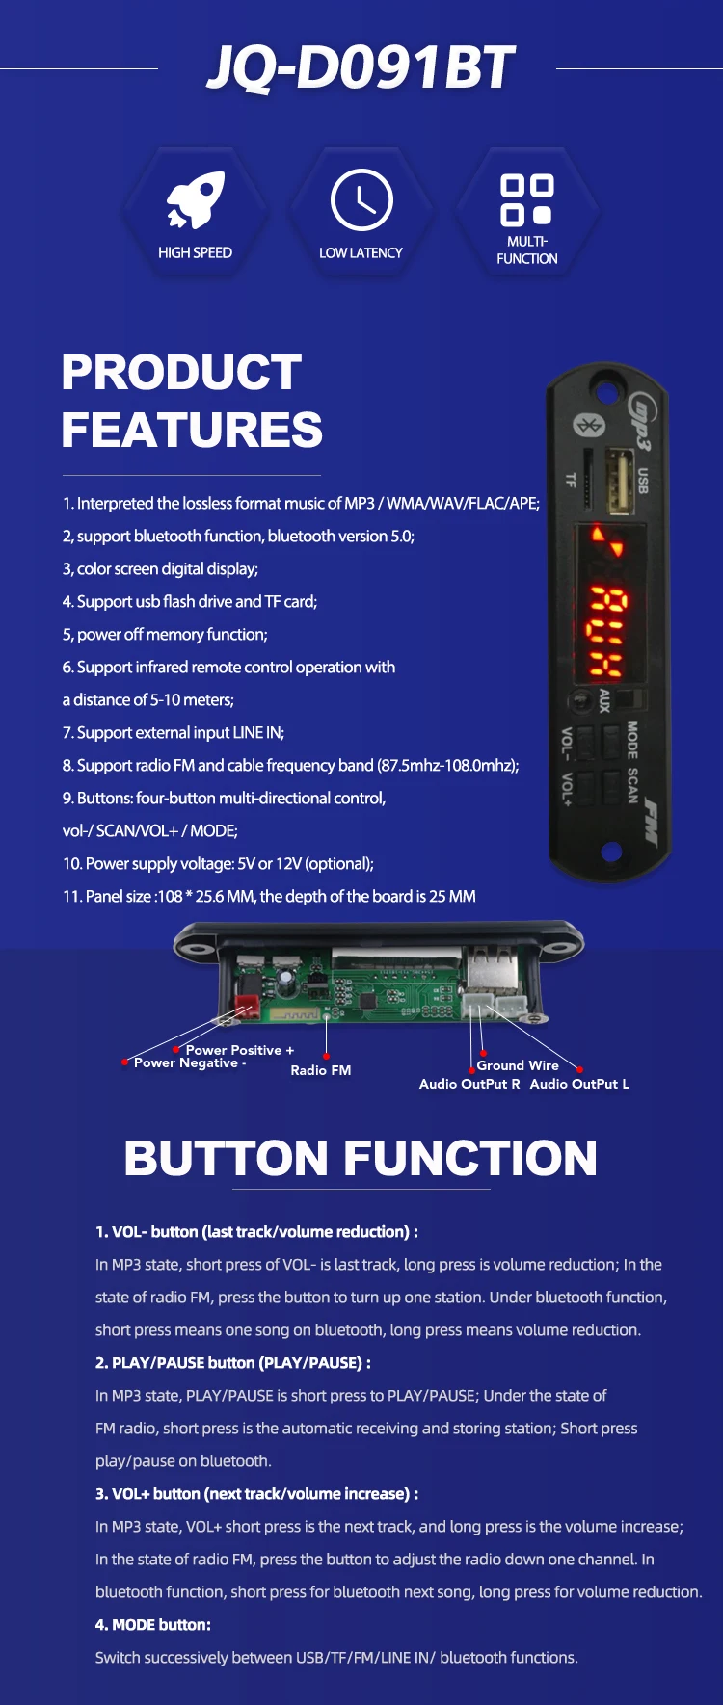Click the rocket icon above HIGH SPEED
(x=196, y=200)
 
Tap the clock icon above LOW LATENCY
(x=361, y=200)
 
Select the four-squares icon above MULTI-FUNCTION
(x=526, y=200)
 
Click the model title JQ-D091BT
(x=361, y=68)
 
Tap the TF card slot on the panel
(x=587, y=479)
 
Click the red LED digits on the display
(x=607, y=631)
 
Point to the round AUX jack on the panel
(x=580, y=700)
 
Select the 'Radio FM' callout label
(x=321, y=1070)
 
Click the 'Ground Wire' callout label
(x=518, y=1065)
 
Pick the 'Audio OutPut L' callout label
(x=579, y=1084)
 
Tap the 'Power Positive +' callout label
(x=240, y=1050)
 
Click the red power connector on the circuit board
(x=248, y=1006)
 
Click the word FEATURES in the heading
(x=192, y=430)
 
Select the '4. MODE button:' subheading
(x=153, y=1625)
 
